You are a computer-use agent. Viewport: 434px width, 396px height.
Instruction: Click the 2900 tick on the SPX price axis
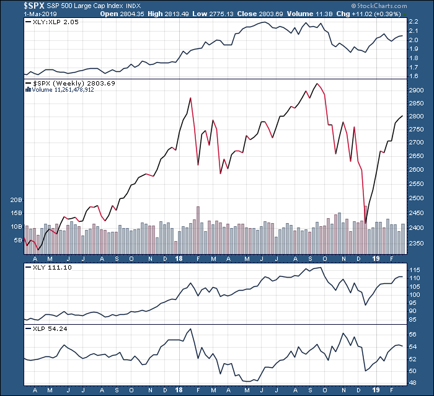pyautogui.click(x=417, y=90)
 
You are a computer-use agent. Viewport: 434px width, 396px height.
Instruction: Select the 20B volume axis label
pyautogui.click(x=17, y=200)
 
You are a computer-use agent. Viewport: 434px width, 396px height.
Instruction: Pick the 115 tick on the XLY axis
pyautogui.click(x=415, y=270)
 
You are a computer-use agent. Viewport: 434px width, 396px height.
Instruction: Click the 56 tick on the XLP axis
pyautogui.click(x=414, y=334)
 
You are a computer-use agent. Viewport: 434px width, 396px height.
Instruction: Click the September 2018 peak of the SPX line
pyautogui.click(x=317, y=83)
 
